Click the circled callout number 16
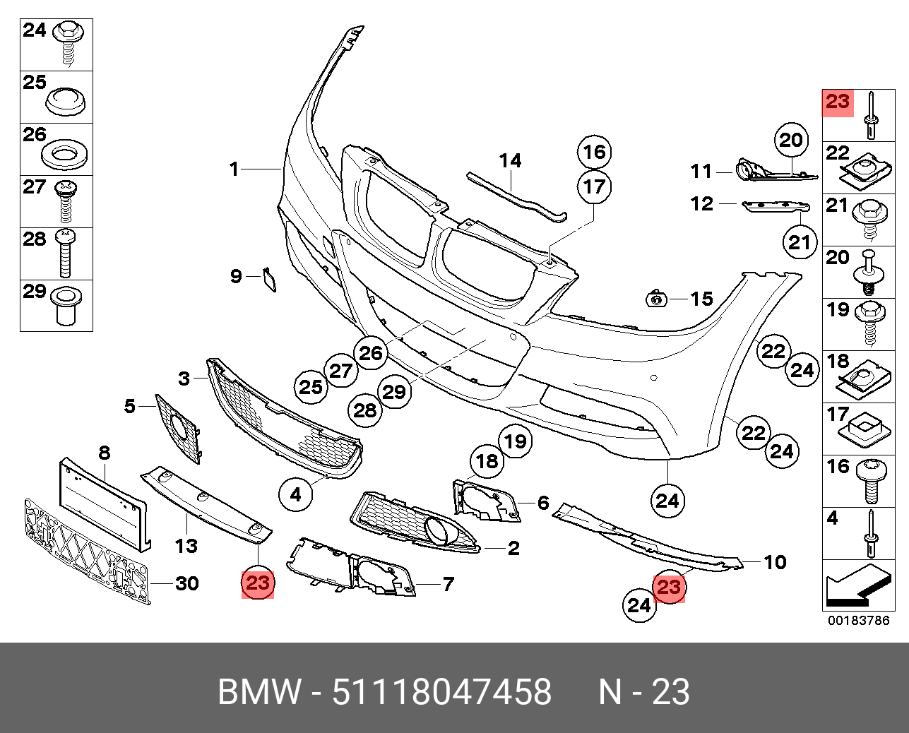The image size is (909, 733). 595,152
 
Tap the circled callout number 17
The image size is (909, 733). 595,187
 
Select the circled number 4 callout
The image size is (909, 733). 296,495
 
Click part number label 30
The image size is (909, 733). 186,584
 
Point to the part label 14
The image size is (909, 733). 510,162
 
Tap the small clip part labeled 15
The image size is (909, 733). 657,299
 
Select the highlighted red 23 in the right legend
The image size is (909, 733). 838,102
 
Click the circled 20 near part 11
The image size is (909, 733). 791,141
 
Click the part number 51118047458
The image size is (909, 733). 441,692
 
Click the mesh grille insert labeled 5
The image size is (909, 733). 178,427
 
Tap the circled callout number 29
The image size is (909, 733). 394,391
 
